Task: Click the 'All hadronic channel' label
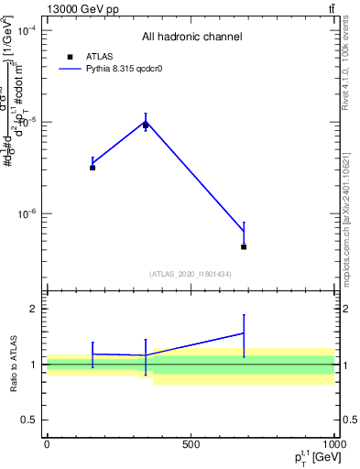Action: [x=191, y=38]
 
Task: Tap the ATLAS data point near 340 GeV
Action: [x=146, y=125]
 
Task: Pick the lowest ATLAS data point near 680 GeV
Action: [x=244, y=246]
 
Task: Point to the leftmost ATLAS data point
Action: [x=93, y=168]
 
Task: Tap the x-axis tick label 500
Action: [x=190, y=445]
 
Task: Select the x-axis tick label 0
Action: [x=47, y=445]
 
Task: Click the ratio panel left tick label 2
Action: [x=34, y=309]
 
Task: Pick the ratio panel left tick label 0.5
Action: [x=29, y=420]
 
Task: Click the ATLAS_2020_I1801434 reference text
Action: [x=191, y=275]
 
